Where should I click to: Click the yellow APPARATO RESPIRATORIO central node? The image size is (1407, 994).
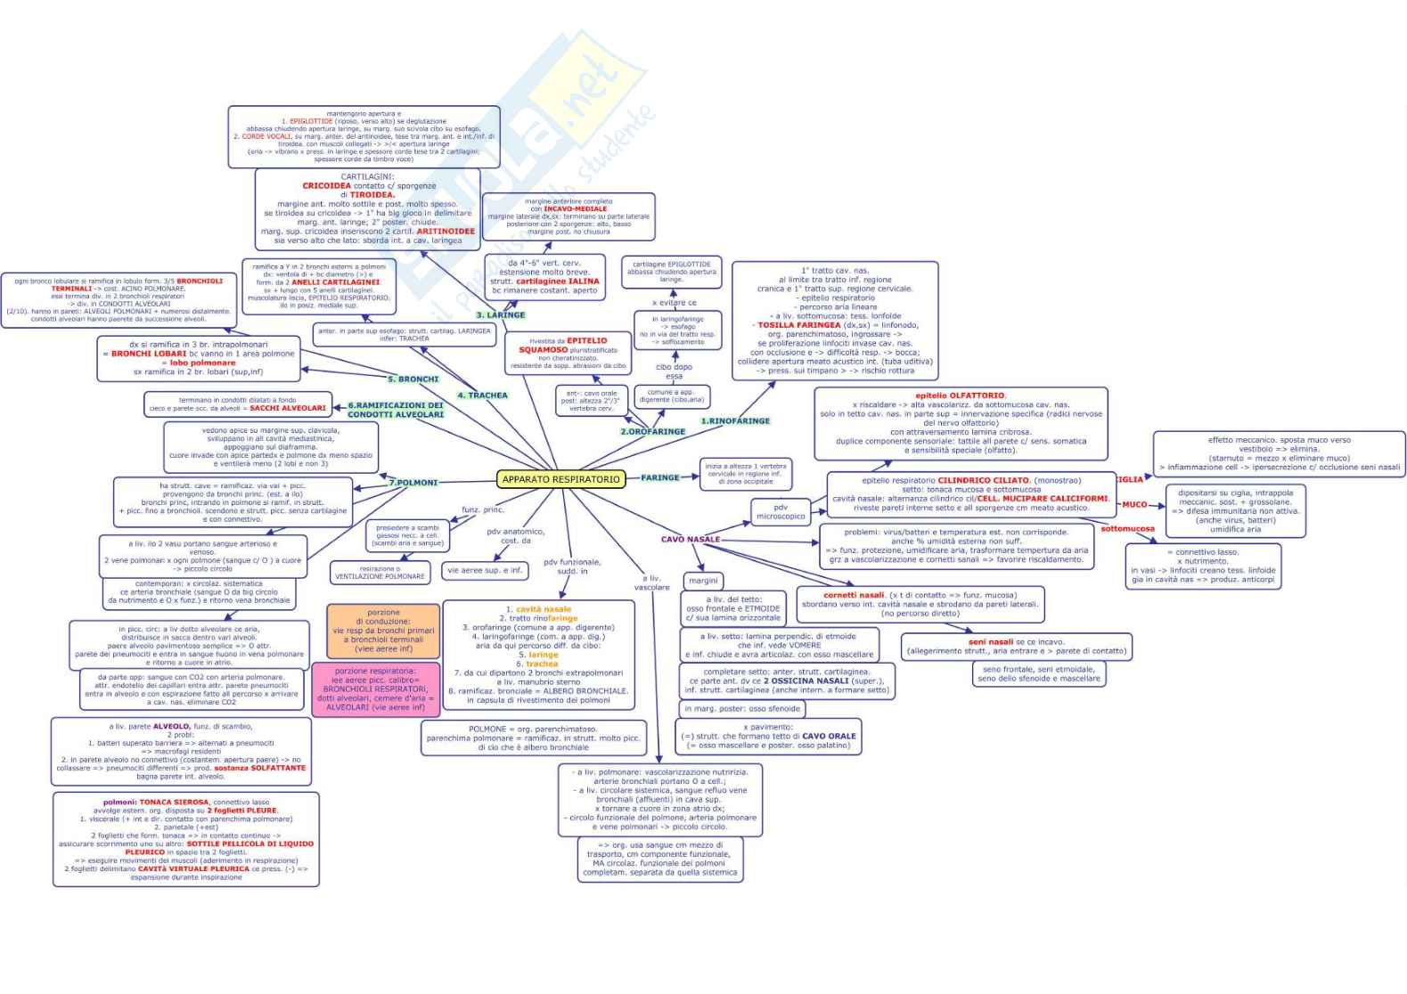point(560,479)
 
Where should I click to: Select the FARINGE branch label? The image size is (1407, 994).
point(660,477)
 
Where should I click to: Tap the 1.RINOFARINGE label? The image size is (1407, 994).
point(735,420)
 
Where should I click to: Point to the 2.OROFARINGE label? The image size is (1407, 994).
point(653,431)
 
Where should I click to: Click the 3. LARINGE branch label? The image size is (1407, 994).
point(501,315)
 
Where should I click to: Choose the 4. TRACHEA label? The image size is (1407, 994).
point(482,395)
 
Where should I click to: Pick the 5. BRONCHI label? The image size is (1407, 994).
point(413,379)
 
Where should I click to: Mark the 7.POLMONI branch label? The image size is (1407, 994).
point(413,483)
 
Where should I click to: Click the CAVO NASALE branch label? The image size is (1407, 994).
point(691,539)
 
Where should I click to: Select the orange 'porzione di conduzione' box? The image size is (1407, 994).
point(383,631)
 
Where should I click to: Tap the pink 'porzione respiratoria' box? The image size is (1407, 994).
point(375,689)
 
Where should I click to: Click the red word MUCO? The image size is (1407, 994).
point(1134,504)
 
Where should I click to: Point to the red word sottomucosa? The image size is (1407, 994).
point(1127,528)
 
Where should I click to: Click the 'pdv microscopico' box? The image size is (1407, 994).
point(781,512)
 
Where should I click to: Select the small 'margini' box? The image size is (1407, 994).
point(703,580)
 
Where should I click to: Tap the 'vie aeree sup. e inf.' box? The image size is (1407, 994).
point(485,570)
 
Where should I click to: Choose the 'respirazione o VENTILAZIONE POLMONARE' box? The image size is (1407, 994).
point(380,573)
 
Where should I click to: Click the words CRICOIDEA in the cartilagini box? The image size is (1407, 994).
point(327,186)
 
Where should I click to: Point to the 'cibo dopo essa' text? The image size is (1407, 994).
point(674,371)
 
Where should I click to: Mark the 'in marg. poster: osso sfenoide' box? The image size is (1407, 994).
point(742,709)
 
